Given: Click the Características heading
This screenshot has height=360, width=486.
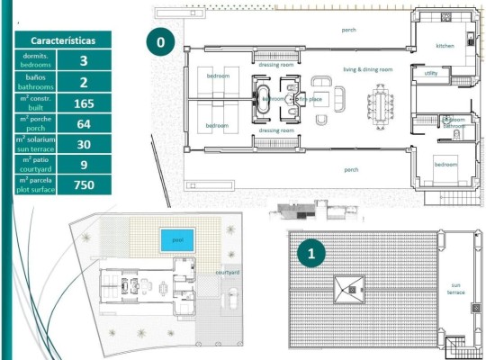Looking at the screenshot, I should point(62,41).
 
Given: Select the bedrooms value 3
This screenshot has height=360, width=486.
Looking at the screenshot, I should point(83,61).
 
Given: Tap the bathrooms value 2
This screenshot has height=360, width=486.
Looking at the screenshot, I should point(83,82).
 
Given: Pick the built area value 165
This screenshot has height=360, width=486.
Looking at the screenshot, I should point(83,103).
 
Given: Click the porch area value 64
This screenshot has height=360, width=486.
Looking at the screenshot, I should point(83,123).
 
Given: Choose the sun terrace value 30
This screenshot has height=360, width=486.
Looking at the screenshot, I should point(83,144).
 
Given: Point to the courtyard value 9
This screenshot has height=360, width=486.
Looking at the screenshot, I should point(83,164).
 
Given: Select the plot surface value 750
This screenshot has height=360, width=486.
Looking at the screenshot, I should point(83,184).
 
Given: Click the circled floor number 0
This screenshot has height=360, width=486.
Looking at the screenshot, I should point(160,41).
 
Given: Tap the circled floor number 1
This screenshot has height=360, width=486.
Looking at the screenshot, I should point(311,254).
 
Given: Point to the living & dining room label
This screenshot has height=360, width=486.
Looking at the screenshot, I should point(368,69).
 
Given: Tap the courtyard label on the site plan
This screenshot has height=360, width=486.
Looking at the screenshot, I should point(228,273).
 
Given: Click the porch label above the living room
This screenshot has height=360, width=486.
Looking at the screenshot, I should point(348,30).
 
